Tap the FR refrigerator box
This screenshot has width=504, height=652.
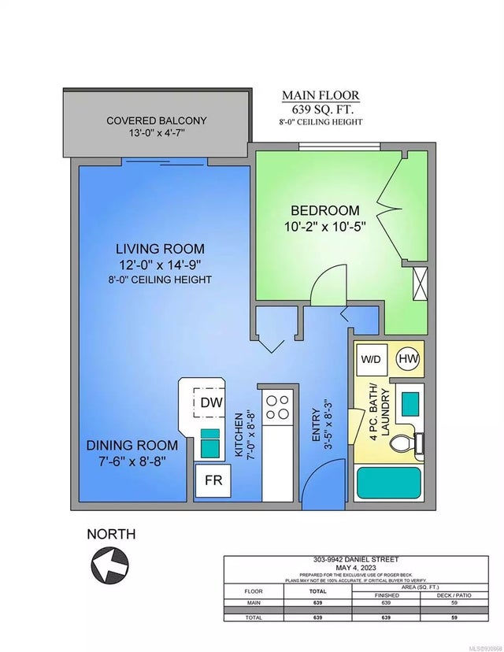coord(213,480)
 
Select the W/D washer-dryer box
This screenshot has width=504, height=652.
coord(370,358)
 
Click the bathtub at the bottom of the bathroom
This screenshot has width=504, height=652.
coord(388,480)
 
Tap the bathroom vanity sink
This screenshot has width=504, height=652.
coord(409,403)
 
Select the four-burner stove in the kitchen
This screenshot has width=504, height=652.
coord(277,406)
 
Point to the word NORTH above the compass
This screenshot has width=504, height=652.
coord(110,534)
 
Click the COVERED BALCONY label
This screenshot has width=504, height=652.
coord(157,120)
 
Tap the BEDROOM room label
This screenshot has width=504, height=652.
coord(324,210)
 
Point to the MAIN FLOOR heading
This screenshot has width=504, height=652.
coord(321,96)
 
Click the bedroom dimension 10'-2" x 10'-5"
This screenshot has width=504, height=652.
coord(324,227)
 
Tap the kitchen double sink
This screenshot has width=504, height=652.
coord(209,442)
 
